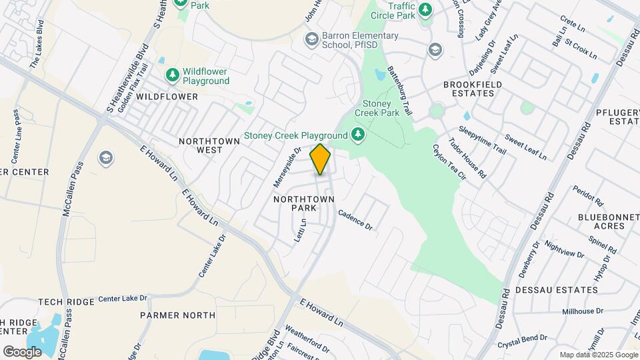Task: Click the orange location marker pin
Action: coord(321,159)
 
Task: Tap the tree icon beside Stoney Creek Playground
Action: coord(359,135)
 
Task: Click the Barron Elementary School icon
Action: coord(311,40)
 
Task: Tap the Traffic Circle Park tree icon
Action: coord(425,10)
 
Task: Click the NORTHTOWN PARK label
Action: coord(293,203)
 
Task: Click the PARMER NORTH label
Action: coord(177,315)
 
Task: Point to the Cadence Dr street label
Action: coord(355,220)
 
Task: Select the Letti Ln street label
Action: coord(301,230)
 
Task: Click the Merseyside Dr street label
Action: coord(284,167)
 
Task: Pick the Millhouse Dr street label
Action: coord(583,311)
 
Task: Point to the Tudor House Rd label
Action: coord(467,158)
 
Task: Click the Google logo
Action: coord(22,351)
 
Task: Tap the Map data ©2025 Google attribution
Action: coord(599,355)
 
